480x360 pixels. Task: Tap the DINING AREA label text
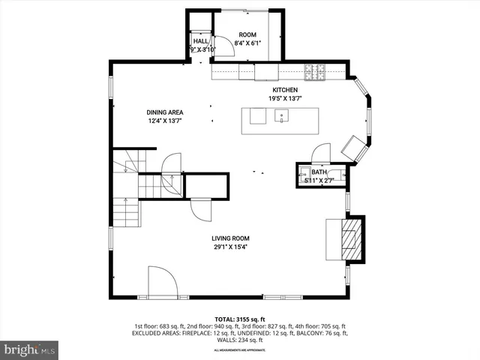click(164, 112)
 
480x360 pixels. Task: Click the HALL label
click(200, 42)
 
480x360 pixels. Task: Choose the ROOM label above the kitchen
click(247, 35)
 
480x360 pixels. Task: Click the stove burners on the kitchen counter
click(314, 72)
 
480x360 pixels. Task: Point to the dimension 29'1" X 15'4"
click(229, 247)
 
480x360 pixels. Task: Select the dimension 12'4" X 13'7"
click(164, 121)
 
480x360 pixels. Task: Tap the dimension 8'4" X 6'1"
click(247, 43)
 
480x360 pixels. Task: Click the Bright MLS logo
click(29, 349)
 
